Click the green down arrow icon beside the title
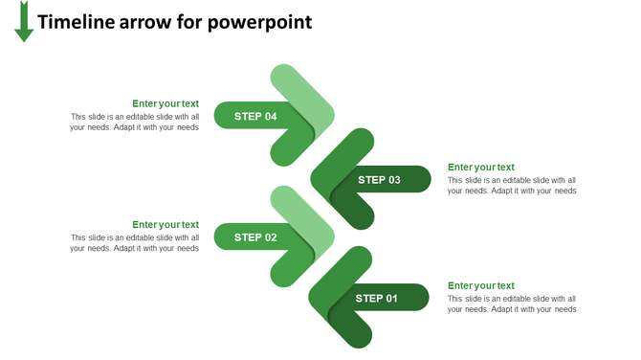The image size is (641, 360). click(24, 23)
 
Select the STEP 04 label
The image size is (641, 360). click(255, 116)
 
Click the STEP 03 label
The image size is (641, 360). click(379, 179)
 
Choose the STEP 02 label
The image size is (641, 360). click(255, 236)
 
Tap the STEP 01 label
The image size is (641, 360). click(377, 298)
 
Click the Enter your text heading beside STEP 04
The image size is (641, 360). click(166, 103)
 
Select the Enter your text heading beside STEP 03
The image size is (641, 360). click(480, 167)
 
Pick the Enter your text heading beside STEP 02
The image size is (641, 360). click(166, 224)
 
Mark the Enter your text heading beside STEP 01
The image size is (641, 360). click(480, 285)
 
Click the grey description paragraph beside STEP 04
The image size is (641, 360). click(134, 122)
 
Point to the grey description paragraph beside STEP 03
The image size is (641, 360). click(511, 185)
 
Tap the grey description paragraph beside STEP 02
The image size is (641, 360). click(134, 242)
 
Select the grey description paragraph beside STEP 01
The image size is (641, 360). click(511, 304)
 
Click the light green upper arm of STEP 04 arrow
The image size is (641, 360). click(298, 88)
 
